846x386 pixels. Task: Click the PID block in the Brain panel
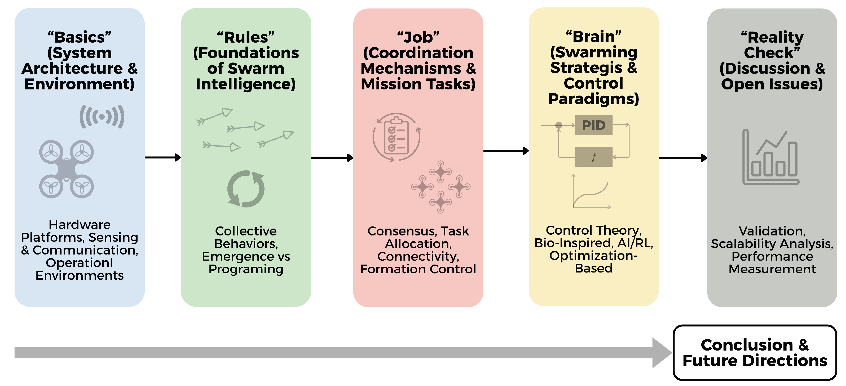click(593, 125)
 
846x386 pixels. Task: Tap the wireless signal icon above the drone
click(102, 117)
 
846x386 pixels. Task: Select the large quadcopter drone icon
click(66, 169)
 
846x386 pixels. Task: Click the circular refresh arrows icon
click(246, 189)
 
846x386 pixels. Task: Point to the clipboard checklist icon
click(396, 137)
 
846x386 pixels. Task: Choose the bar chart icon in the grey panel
click(770, 157)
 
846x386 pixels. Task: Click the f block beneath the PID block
click(593, 157)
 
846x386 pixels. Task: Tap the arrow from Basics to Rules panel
click(162, 157)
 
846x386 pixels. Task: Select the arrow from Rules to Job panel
click(332, 158)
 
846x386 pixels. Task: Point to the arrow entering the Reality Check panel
click(683, 158)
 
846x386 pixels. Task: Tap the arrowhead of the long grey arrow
click(662, 353)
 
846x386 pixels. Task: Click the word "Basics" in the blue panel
click(80, 37)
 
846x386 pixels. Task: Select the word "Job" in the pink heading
click(418, 37)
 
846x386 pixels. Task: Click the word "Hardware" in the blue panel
click(80, 225)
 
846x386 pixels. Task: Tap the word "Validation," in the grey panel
click(772, 231)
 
